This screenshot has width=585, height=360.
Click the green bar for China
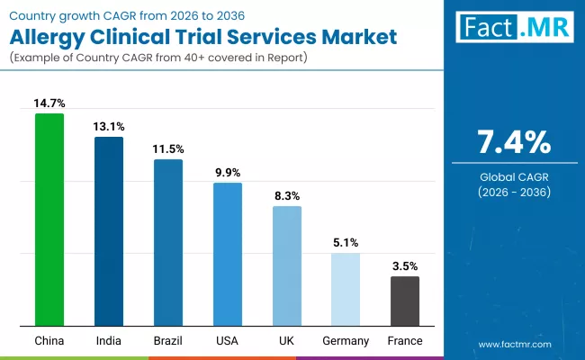coord(49,220)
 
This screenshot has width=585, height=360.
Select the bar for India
coord(109,231)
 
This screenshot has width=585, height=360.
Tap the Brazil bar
coord(168,242)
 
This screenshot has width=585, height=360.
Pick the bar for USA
coord(228,254)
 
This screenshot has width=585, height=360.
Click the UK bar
coord(287,265)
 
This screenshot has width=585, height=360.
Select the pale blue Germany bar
coord(346,289)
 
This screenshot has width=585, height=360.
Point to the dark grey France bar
coord(405,301)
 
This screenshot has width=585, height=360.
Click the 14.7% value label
coord(49,103)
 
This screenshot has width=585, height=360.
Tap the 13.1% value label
coord(109,126)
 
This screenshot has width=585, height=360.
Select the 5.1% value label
coord(346,242)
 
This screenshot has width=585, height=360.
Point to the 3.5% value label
coord(405,265)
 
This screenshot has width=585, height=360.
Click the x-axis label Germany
coord(346,340)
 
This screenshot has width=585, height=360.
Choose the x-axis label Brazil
coord(168,340)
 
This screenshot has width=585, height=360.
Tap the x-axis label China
coord(49,340)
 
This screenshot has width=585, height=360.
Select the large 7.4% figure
coord(513,142)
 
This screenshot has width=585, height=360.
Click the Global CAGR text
coord(513,177)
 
